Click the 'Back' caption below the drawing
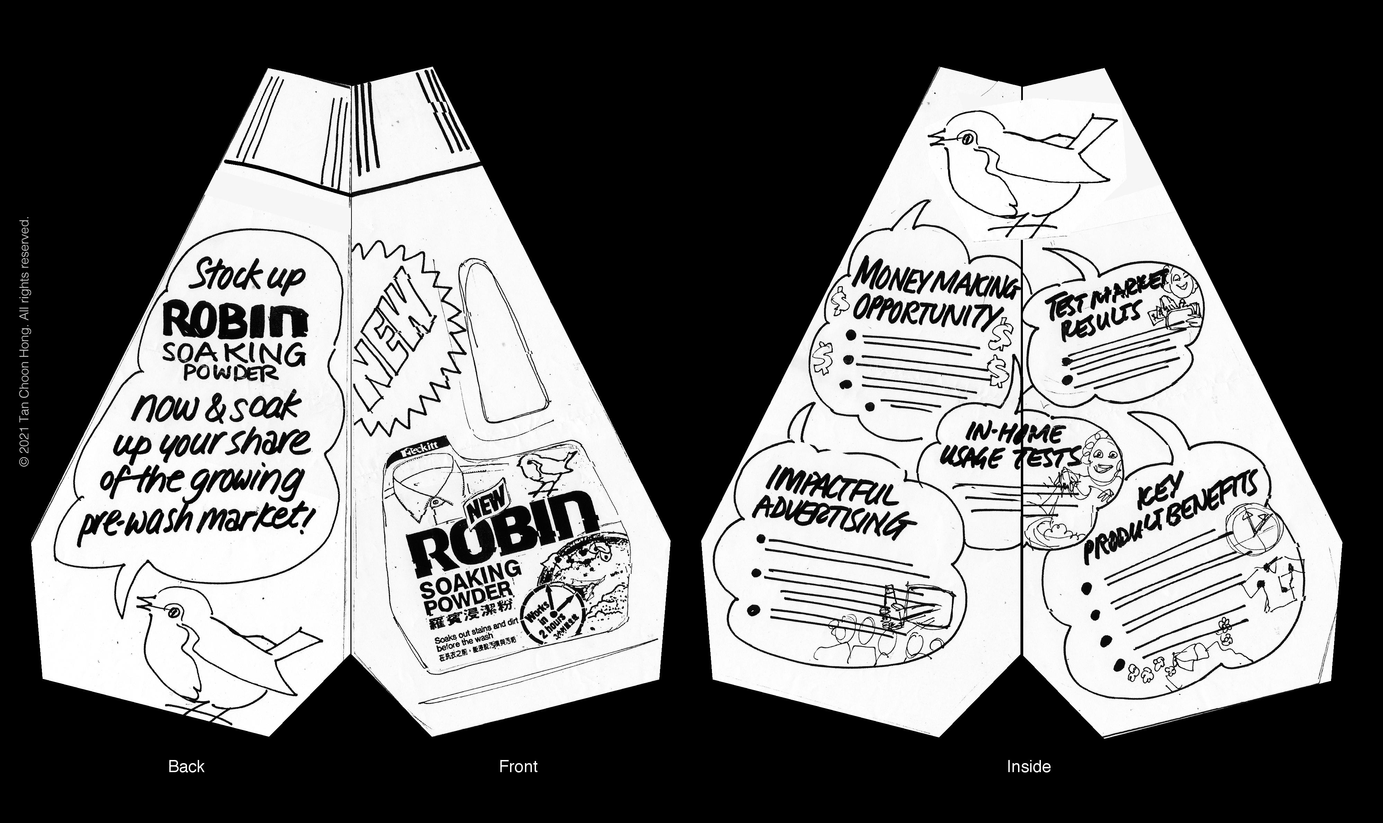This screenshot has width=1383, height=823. click(x=186, y=767)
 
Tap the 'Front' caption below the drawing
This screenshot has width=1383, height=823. click(x=518, y=767)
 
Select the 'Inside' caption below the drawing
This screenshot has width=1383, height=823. click(x=1028, y=767)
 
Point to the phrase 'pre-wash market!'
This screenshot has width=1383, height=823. click(x=191, y=524)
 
